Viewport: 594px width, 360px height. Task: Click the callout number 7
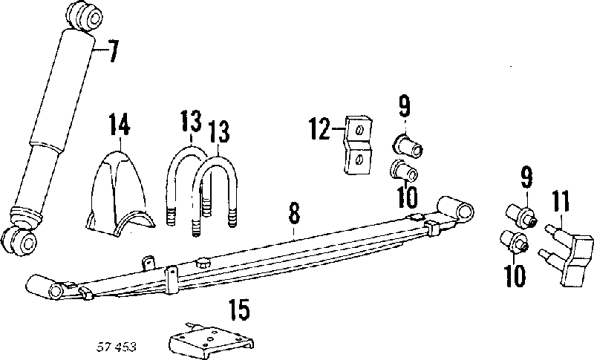112,50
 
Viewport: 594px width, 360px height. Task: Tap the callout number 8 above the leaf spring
294,213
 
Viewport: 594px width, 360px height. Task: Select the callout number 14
120,123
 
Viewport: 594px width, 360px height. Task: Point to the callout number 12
319,128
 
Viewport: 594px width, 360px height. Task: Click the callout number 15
239,310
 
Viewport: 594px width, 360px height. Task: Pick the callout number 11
561,201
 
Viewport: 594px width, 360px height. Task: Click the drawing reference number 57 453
117,347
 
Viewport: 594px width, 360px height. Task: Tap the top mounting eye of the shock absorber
84,15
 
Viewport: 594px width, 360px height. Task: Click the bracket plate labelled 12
359,145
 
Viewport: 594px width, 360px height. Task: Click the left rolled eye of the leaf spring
45,287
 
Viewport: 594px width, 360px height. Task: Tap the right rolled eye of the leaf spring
456,208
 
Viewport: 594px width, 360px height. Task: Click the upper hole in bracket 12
360,130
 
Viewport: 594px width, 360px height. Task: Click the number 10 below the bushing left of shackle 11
515,275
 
